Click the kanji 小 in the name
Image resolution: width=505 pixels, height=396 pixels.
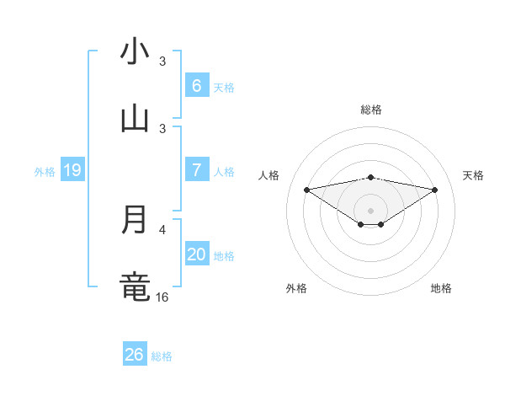[x=135, y=52]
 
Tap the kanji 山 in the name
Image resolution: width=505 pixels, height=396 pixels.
[x=135, y=119]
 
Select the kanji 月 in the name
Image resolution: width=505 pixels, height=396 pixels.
[x=135, y=220]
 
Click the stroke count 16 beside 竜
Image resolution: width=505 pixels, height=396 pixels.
[x=162, y=297]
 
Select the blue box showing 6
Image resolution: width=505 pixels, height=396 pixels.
[x=196, y=86]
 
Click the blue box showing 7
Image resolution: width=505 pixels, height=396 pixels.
[x=196, y=170]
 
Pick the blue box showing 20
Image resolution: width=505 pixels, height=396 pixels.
[x=196, y=254]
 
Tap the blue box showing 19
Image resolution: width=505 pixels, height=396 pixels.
[x=72, y=170]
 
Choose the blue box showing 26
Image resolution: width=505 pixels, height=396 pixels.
[x=135, y=355]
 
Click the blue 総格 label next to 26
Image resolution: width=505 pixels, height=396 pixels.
[x=162, y=356]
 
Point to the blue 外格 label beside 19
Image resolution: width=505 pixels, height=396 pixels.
[x=45, y=172]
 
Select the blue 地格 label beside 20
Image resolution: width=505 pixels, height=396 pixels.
[x=224, y=256]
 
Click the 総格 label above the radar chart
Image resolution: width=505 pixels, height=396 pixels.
[x=370, y=110]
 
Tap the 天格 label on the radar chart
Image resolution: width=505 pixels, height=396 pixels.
[x=473, y=175]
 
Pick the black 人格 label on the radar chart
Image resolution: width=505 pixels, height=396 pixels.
[x=269, y=175]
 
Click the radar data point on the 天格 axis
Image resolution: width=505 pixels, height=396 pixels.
[x=435, y=190]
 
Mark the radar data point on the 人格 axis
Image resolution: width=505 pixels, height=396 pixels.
[x=306, y=190]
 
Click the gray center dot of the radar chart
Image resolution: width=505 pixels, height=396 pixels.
[x=370, y=211]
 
